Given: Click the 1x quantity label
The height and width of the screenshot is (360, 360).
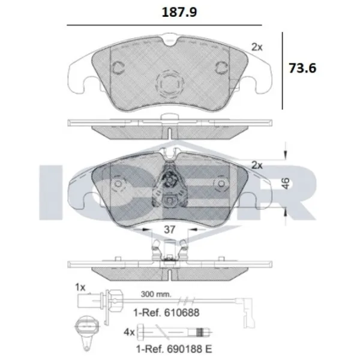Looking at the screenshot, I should tap(79, 287).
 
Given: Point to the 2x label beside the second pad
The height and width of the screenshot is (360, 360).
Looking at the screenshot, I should tap(257, 163).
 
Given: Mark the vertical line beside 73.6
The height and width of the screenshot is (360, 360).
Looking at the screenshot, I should tap(283, 68).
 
